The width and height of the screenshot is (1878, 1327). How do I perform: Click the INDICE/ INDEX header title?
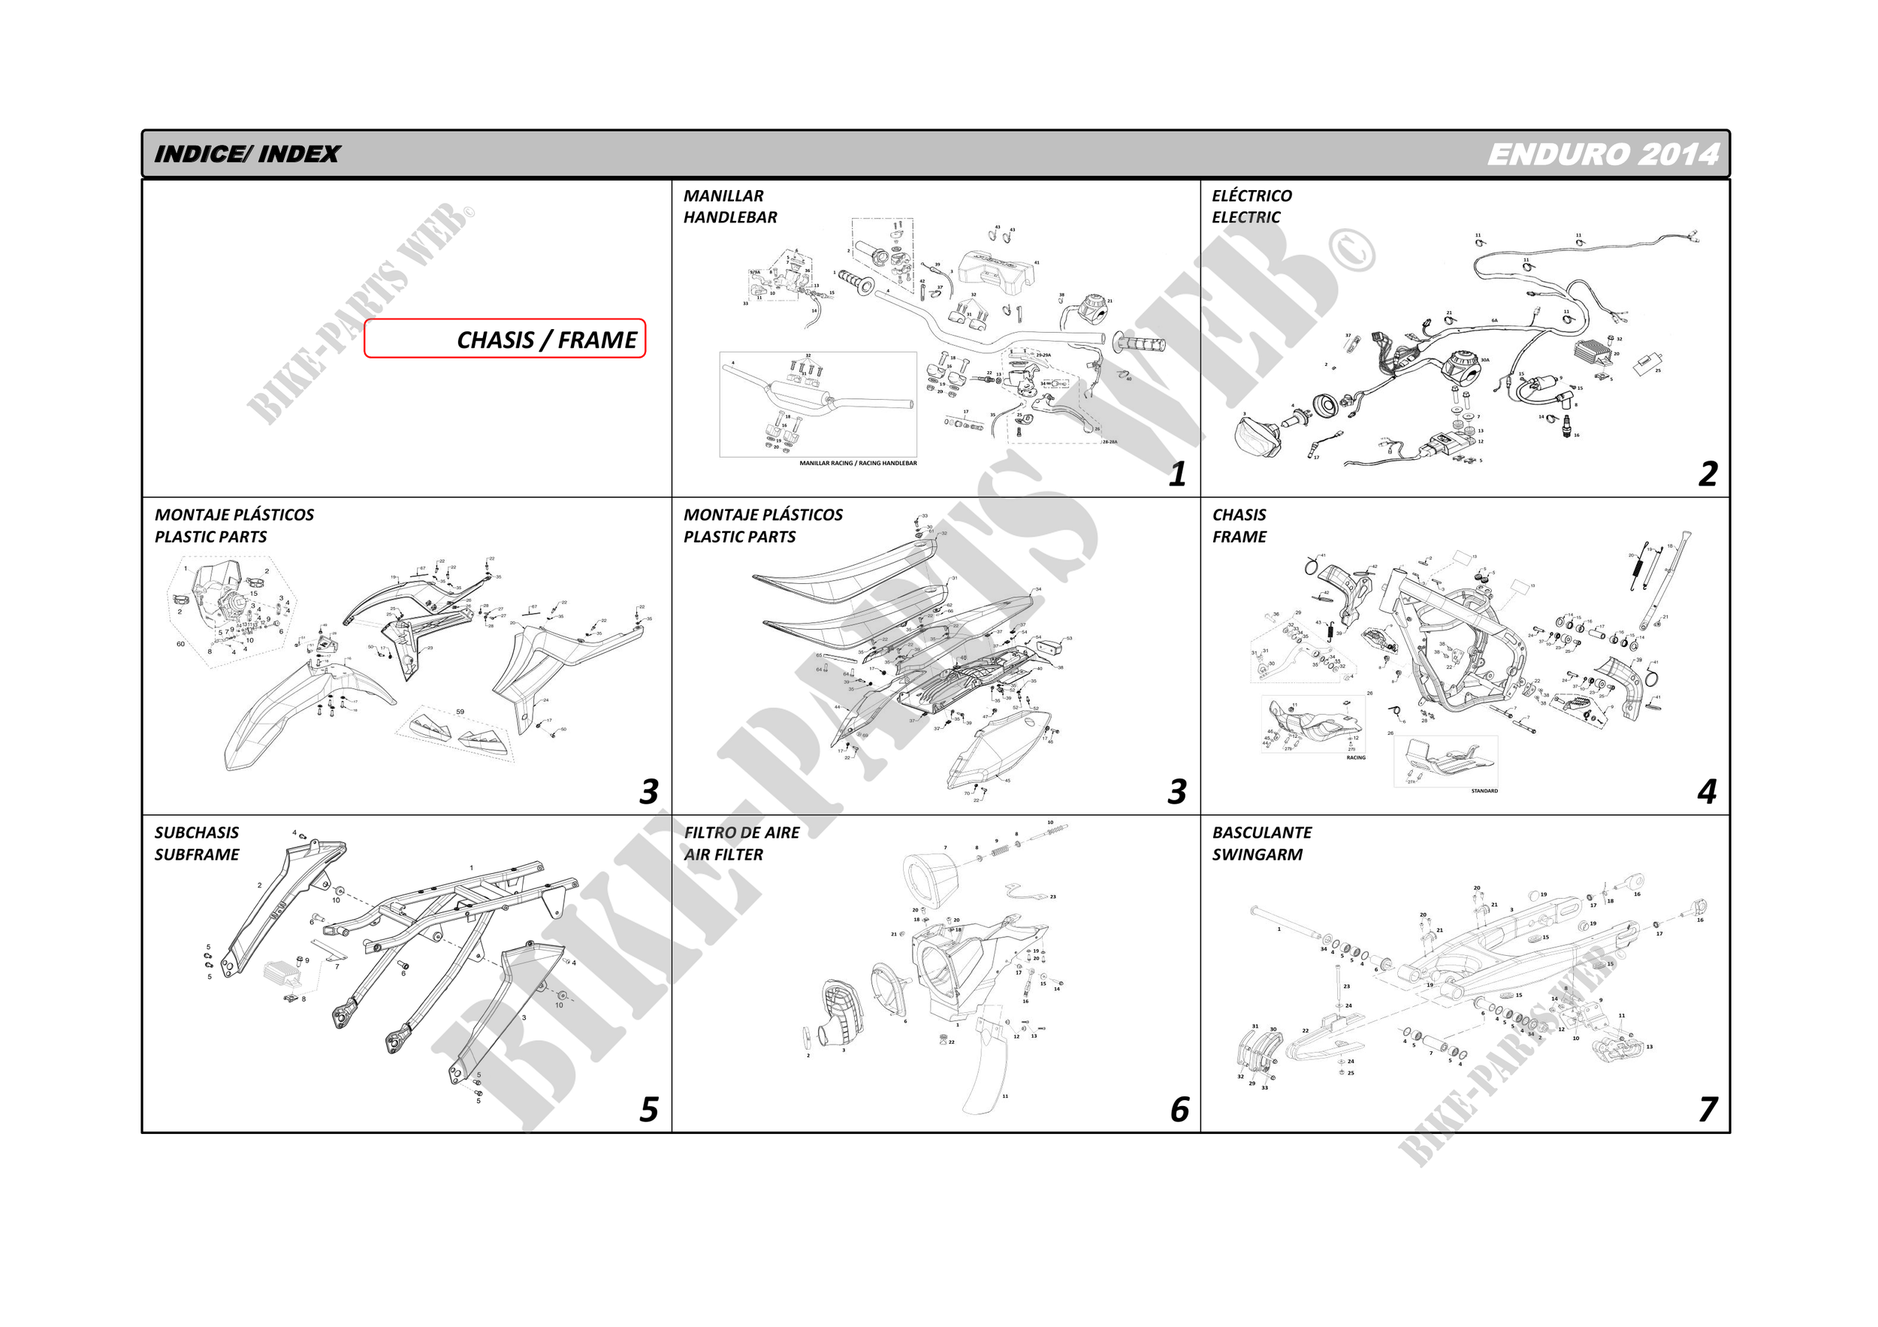tap(246, 154)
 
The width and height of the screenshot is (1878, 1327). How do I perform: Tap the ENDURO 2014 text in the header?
tap(1602, 155)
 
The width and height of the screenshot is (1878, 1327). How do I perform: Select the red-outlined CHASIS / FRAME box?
tap(505, 339)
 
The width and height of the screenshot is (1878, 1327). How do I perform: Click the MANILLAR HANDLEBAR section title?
tap(729, 206)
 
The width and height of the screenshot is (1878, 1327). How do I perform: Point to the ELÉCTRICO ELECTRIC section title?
tap(1251, 206)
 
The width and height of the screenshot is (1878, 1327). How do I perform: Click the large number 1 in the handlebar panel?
tap(1177, 474)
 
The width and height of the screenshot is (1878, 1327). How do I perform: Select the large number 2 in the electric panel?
tap(1707, 474)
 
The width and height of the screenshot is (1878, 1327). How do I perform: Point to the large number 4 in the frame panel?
tap(1706, 792)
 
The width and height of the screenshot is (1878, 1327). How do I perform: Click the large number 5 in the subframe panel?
tap(648, 1109)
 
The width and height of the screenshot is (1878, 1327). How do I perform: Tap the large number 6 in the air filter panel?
tap(1179, 1109)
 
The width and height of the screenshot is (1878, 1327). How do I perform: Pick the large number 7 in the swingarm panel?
tap(1707, 1109)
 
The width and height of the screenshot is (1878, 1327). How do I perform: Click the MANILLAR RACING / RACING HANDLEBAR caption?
tap(857, 463)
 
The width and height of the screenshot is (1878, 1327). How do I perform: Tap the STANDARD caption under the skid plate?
tap(1484, 791)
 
